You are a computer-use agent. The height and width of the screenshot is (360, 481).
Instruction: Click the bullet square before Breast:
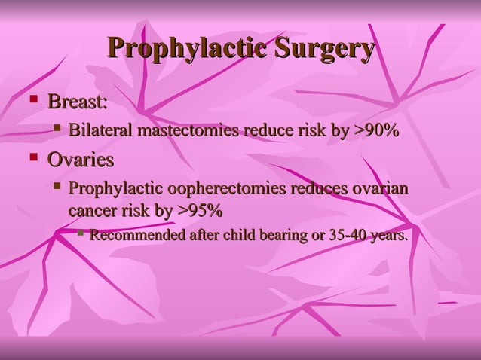tap(32, 99)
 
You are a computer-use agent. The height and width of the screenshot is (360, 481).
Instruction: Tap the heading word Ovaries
tap(81, 160)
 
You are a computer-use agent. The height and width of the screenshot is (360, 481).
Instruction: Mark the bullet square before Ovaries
tap(32, 157)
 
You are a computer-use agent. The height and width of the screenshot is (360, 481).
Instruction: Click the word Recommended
tap(138, 236)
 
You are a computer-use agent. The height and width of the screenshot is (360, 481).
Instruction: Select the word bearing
tap(280, 236)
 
